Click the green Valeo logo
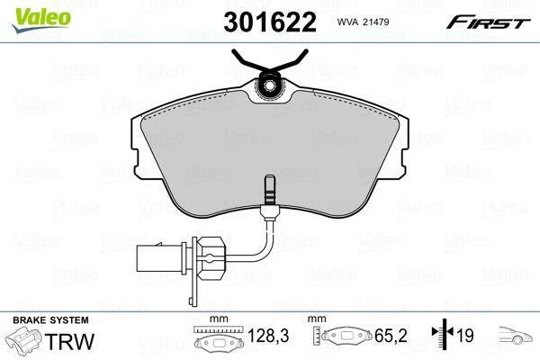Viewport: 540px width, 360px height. pyautogui.click(x=41, y=20)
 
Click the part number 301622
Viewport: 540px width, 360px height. pyautogui.click(x=270, y=22)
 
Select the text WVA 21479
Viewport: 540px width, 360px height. pyautogui.click(x=363, y=22)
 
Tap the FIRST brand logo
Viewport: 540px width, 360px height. pyautogui.click(x=488, y=22)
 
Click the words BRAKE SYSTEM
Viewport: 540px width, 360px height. pyautogui.click(x=50, y=320)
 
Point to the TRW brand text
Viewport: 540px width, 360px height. pyautogui.click(x=69, y=341)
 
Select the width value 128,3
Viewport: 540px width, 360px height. pyautogui.click(x=268, y=335)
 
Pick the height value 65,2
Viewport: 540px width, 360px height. pyautogui.click(x=391, y=335)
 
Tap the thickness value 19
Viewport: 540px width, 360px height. pyautogui.click(x=465, y=335)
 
